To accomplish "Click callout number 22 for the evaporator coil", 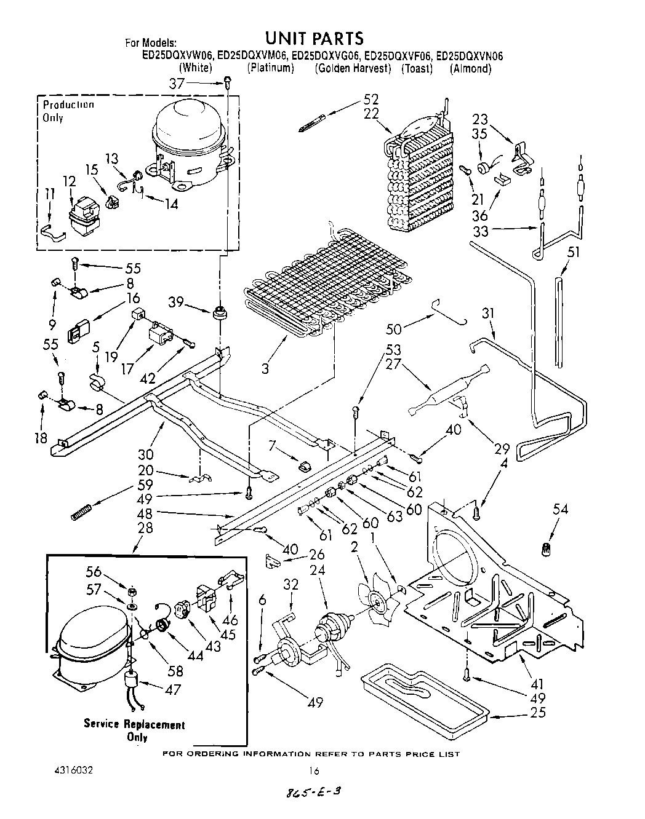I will coord(371,114).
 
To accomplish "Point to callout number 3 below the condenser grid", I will coord(265,368).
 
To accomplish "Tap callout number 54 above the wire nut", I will coord(560,508).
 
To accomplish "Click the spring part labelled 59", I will coord(81,510).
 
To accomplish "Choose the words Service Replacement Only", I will coord(135,730).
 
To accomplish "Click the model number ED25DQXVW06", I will coord(176,56).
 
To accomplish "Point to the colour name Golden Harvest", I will coord(353,68).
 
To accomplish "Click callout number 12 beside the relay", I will coord(69,181).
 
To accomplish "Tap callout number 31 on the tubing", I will coord(487,313).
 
